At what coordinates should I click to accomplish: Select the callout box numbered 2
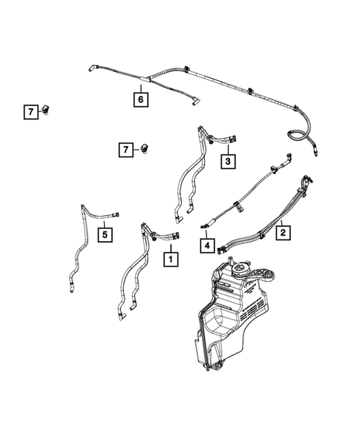[x=283, y=232]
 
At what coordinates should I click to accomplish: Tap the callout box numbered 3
[x=228, y=160]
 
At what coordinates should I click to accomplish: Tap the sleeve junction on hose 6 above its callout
[x=141, y=76]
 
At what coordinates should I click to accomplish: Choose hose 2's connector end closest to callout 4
[x=223, y=245]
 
